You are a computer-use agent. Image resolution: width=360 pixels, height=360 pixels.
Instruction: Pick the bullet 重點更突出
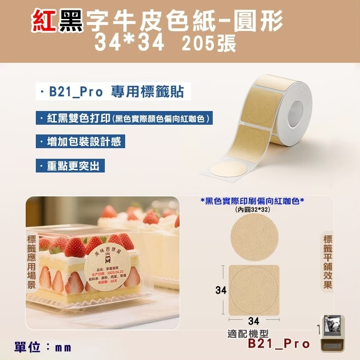[72, 166]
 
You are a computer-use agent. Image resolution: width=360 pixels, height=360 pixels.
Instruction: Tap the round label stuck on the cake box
[109, 264]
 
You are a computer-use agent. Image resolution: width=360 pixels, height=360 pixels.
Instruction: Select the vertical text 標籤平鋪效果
[328, 261]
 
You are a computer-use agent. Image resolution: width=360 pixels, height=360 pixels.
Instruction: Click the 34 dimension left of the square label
[221, 290]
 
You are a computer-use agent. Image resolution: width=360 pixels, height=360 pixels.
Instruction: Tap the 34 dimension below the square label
[253, 321]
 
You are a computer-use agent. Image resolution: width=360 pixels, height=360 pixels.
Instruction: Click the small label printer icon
[332, 333]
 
